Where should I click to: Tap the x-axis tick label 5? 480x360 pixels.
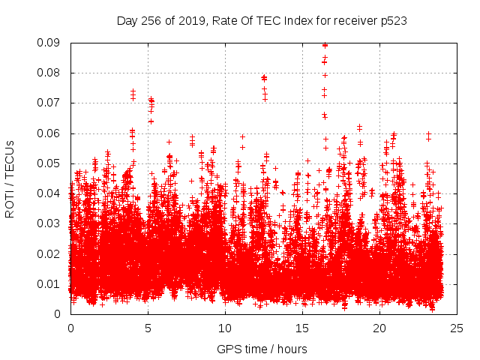148,328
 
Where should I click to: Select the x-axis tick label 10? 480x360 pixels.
225,328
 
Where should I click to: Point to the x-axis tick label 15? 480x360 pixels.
302,328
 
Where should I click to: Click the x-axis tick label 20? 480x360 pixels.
379,328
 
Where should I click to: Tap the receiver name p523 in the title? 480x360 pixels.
392,21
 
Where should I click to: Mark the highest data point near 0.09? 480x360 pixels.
325,45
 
